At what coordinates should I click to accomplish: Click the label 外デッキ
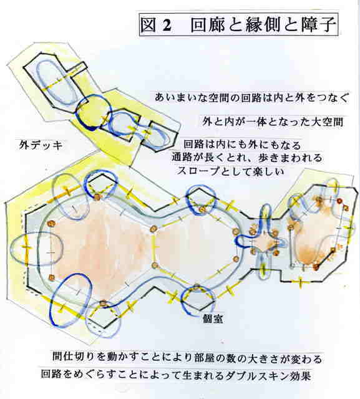[x=41, y=145]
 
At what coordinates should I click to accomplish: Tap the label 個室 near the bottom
[x=213, y=319]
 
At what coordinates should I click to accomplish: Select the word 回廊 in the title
[x=208, y=25]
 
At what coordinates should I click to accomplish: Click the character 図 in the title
[x=148, y=25]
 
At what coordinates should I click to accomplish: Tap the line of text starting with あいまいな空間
[x=251, y=98]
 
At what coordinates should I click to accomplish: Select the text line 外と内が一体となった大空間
[x=273, y=122]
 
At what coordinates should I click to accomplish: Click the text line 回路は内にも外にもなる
[x=242, y=145]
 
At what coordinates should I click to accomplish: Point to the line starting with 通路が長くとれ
[x=246, y=158]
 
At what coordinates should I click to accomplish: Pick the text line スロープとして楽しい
[x=230, y=171]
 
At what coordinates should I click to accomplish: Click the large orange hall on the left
[x=102, y=251]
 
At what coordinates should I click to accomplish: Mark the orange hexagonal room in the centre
[x=195, y=251]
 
